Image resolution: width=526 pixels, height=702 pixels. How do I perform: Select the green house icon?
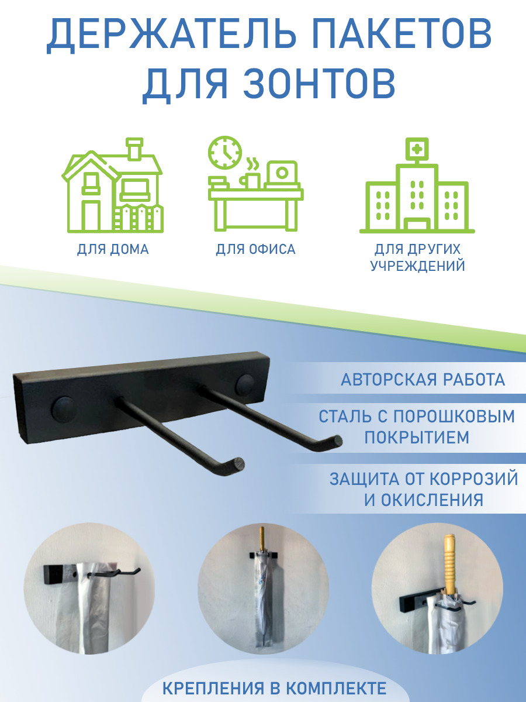[113, 185]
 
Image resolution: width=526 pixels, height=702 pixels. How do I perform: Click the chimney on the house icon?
[134, 149]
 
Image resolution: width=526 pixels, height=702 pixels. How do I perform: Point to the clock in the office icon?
[225, 153]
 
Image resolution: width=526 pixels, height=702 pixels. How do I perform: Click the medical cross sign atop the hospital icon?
[417, 149]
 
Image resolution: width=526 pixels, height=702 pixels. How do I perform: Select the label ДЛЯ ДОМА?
[113, 250]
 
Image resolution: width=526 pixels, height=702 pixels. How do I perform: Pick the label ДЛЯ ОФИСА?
[255, 250]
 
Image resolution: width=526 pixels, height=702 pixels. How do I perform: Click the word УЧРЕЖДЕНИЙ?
[417, 266]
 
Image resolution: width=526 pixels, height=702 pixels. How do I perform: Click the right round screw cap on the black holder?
[245, 384]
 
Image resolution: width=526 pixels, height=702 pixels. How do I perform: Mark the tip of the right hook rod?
[336, 441]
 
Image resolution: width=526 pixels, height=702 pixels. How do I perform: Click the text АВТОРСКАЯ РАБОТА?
[423, 380]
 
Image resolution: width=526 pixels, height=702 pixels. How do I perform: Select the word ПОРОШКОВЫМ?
[454, 417]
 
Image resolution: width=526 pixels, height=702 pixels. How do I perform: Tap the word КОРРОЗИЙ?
[473, 479]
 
